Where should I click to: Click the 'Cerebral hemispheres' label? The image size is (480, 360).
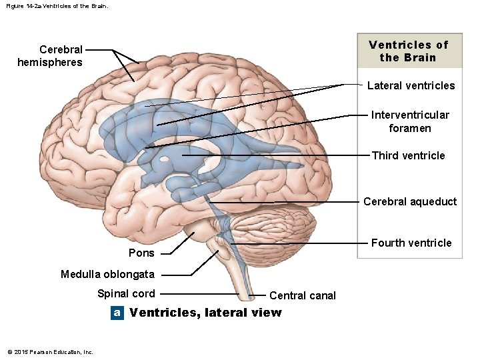coord(50,56)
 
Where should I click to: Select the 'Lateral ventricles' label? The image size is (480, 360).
coord(411,85)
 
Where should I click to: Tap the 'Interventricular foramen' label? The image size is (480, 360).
coord(410,121)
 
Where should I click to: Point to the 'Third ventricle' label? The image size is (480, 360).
coord(408,155)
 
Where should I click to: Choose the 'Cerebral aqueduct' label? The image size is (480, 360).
coord(410,201)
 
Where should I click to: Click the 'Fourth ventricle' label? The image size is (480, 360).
coord(411,243)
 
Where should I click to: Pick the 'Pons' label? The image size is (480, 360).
coord(141,253)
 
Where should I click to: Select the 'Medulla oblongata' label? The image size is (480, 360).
coord(107,274)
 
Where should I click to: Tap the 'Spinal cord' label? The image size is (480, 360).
coord(126,293)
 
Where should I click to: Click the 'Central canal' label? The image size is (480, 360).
coord(303,295)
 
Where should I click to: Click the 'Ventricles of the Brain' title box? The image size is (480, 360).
coord(409,51)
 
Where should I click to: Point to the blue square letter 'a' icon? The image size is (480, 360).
coord(117,313)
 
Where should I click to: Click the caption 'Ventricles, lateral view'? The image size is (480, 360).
coord(205,313)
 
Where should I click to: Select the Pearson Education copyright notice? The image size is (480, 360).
coord(50,352)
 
